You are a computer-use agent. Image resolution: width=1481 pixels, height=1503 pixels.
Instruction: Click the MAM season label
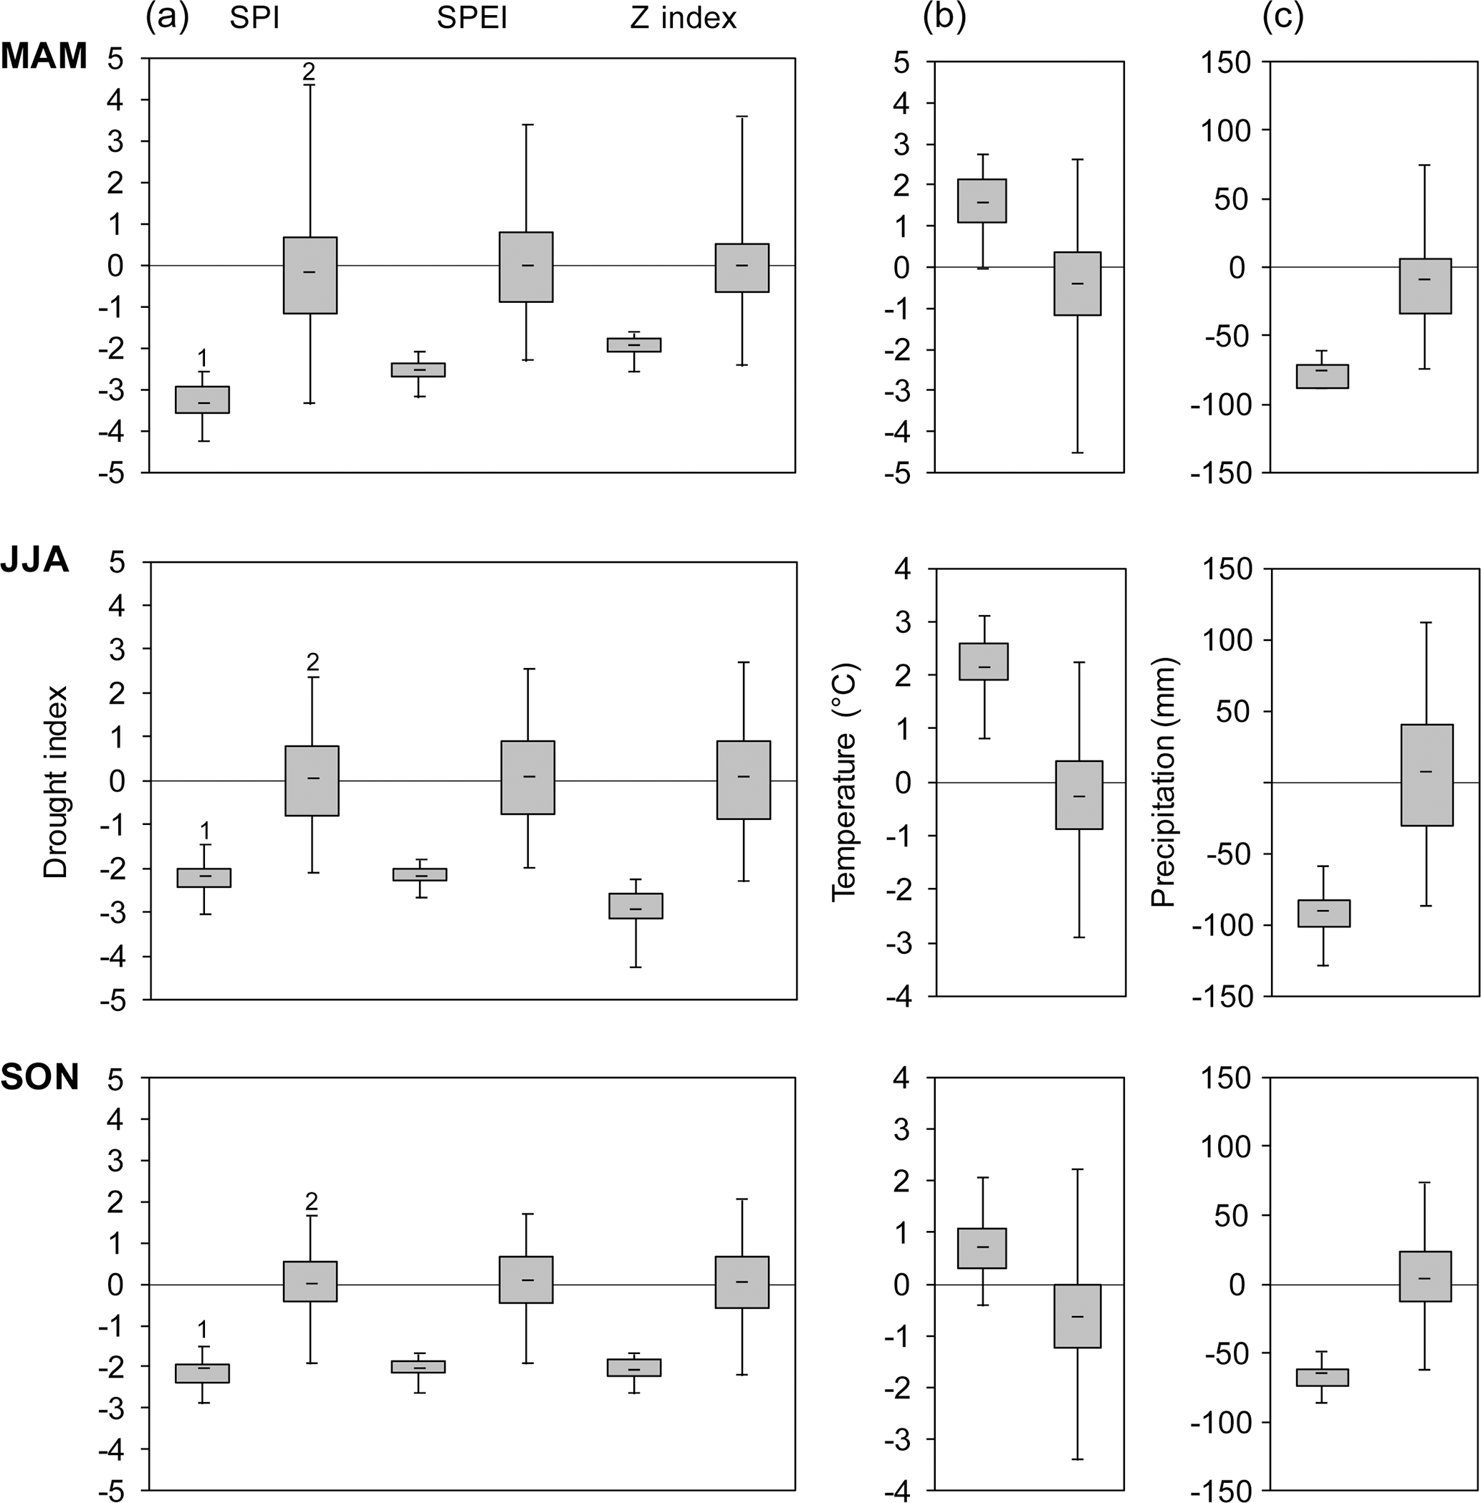[44, 56]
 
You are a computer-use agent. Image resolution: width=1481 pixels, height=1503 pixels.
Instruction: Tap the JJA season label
[35, 559]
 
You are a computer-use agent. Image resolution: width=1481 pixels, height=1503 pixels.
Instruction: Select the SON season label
[39, 1077]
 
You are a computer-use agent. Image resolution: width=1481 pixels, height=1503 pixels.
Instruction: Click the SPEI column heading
[471, 18]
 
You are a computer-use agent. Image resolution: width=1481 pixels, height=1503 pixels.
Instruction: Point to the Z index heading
[683, 18]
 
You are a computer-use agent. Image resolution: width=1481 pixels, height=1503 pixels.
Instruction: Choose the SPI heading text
[254, 18]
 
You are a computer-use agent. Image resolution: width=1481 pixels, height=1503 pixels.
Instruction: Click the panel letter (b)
[944, 17]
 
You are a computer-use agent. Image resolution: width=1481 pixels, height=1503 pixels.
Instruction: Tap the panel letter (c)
[1283, 17]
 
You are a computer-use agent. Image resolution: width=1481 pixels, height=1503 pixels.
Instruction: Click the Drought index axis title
[56, 781]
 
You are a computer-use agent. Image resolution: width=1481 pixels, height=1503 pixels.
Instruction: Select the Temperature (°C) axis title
[844, 781]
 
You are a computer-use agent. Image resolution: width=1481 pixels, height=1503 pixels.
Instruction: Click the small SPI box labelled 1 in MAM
[202, 400]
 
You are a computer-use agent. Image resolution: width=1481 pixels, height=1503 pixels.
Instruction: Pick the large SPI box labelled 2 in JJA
[312, 781]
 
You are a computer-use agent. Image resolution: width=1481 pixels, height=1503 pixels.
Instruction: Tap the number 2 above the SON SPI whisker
[312, 1202]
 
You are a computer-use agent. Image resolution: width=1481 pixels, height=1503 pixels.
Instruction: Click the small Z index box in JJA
[636, 906]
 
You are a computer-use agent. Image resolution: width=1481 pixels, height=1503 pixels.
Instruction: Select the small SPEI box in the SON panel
[418, 1366]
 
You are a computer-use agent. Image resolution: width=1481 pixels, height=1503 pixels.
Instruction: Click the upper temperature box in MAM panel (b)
[982, 200]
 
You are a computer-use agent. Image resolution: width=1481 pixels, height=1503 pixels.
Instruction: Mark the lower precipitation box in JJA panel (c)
[1323, 913]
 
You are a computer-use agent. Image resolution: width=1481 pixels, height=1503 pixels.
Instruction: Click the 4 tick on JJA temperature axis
[902, 569]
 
